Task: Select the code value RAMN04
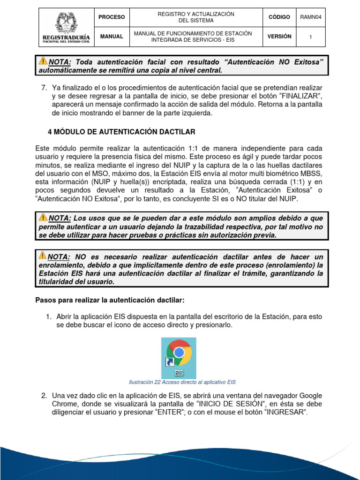313,17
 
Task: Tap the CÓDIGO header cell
279,17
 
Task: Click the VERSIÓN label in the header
279,37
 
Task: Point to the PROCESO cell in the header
112,17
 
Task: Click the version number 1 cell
313,37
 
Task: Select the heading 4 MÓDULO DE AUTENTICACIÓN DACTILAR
121,132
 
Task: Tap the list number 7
44,88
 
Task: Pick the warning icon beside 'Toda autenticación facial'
43,61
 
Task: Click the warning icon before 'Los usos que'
43,217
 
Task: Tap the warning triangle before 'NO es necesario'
43,256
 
